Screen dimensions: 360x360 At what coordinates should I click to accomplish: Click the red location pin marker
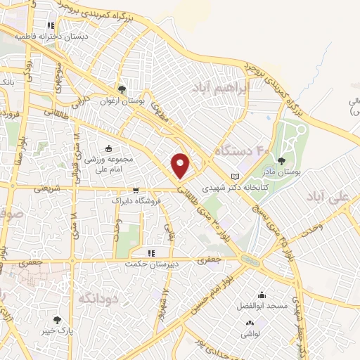(181, 165)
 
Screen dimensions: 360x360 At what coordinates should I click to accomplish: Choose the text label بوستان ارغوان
(123, 101)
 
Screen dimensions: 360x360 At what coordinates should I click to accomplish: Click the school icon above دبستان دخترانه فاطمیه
(51, 25)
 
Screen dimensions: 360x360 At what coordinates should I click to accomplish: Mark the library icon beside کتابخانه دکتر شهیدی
(235, 176)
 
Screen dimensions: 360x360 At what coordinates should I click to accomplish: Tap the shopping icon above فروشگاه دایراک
(135, 190)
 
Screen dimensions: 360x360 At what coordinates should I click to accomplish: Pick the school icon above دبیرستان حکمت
(150, 252)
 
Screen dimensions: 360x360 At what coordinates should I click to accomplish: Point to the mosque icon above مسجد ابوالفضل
(262, 295)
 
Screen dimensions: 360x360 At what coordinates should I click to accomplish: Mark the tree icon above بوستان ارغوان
(122, 89)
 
